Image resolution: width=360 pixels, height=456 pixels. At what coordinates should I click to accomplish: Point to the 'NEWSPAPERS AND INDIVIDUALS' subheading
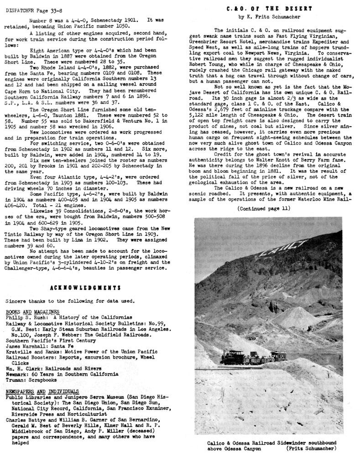pyautogui.click(x=42, y=392)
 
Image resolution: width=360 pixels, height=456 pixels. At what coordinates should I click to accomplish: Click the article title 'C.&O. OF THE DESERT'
pyautogui.click(x=269, y=9)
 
